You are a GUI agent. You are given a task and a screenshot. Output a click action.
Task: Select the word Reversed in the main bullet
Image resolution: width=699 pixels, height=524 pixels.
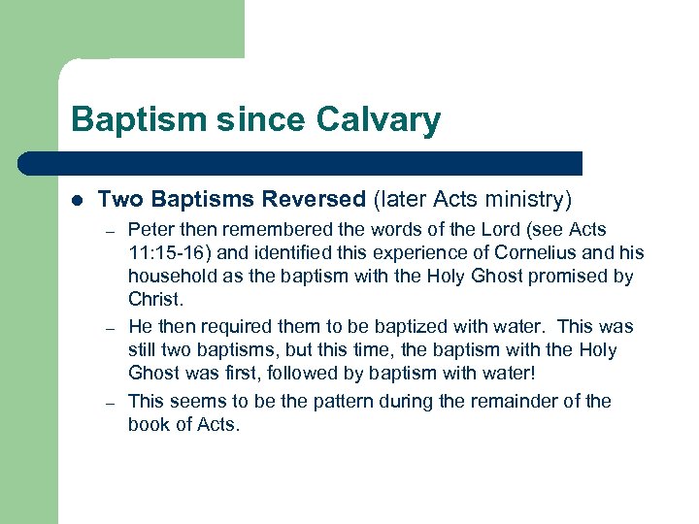click(316, 200)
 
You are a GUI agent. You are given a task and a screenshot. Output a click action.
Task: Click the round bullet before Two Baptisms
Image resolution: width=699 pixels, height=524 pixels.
click(77, 201)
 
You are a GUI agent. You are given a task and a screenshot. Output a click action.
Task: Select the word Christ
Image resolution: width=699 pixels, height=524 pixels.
click(155, 299)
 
